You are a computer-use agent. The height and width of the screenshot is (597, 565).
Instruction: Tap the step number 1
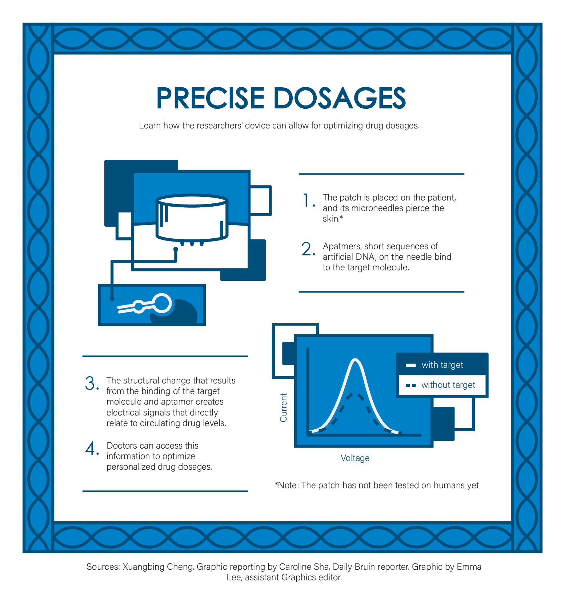click(307, 200)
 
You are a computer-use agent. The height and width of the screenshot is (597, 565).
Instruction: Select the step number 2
click(307, 250)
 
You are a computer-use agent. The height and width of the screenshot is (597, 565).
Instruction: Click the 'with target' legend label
click(442, 365)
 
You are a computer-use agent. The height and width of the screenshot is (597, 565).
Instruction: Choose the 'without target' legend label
click(448, 385)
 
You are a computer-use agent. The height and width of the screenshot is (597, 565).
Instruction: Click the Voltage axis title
click(355, 458)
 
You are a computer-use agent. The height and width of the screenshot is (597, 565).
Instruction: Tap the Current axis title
click(284, 407)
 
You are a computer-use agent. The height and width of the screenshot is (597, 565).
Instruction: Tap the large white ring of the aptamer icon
click(161, 303)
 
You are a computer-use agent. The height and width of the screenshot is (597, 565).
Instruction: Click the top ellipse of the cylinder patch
click(192, 200)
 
